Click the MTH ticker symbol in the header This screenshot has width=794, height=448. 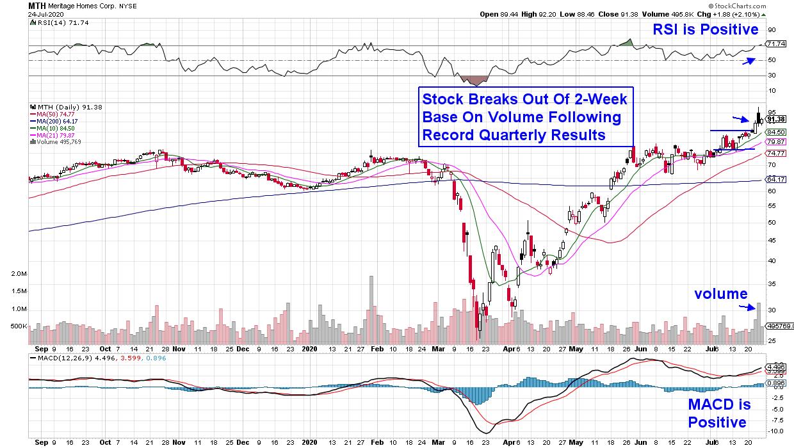tap(36, 5)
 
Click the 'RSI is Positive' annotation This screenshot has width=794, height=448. tap(705, 29)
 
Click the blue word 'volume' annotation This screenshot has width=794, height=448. tap(720, 294)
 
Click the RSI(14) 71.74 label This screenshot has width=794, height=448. tap(54, 23)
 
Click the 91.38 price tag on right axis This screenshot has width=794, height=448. tap(775, 119)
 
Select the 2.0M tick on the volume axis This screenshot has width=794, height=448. tap(19, 274)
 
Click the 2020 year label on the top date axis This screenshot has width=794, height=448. tap(309, 350)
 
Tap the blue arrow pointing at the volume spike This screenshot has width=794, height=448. tap(746, 308)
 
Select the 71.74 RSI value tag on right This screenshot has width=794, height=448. tap(775, 44)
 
